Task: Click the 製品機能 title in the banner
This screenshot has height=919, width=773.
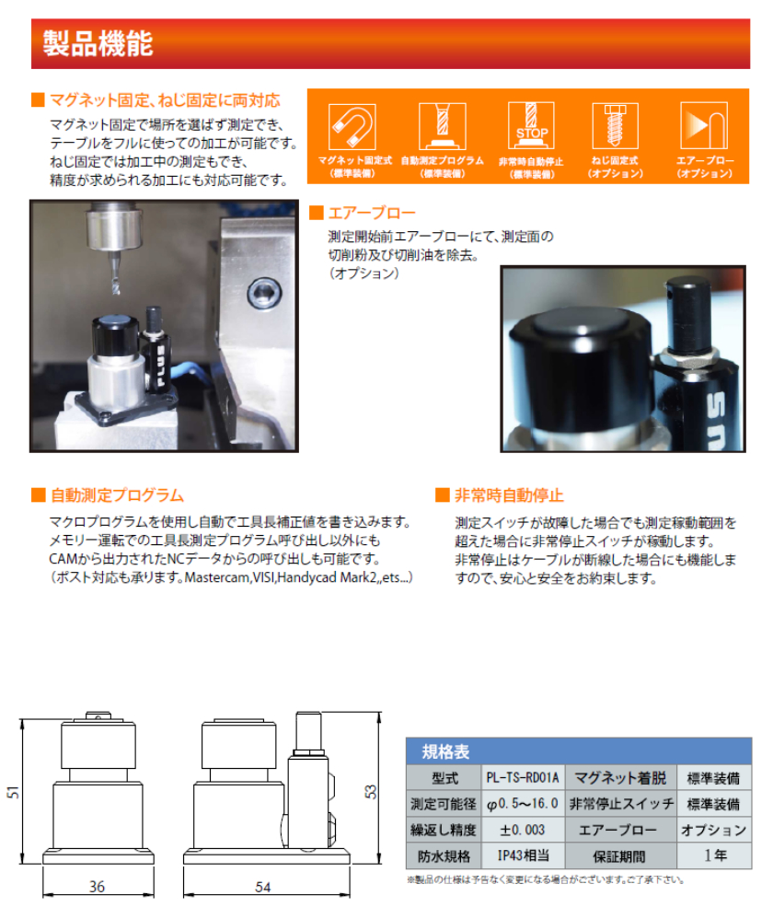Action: click(x=98, y=43)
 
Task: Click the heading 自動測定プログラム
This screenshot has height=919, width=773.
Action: click(x=117, y=495)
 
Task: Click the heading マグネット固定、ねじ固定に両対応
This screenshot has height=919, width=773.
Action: click(x=165, y=99)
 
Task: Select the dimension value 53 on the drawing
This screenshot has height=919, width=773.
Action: click(x=372, y=791)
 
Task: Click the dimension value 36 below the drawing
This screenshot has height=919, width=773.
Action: click(x=97, y=886)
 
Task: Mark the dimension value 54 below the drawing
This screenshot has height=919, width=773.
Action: click(x=262, y=886)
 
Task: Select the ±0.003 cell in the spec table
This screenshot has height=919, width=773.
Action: click(x=522, y=829)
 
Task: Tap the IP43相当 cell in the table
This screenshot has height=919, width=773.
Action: click(x=522, y=855)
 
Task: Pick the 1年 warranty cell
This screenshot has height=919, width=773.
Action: click(x=714, y=855)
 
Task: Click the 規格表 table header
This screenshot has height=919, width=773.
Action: click(x=445, y=750)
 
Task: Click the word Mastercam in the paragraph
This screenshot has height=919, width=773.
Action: click(x=216, y=577)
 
